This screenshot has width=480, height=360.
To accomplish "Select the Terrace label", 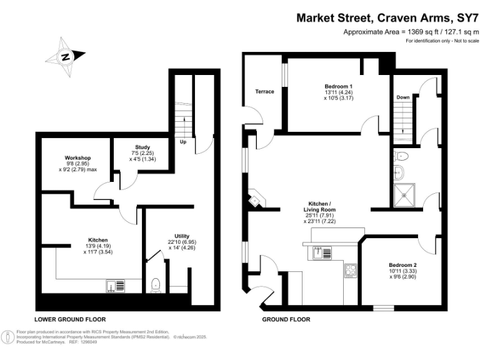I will pyautogui.click(x=264, y=92).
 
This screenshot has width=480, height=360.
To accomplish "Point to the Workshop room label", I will pyautogui.click(x=78, y=157).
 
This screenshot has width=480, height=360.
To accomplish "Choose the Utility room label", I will pyautogui.click(x=178, y=236).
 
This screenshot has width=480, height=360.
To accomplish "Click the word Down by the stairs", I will pyautogui.click(x=403, y=97).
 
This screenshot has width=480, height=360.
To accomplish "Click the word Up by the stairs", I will pyautogui.click(x=183, y=142).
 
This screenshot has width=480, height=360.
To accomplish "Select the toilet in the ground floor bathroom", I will pyautogui.click(x=401, y=156).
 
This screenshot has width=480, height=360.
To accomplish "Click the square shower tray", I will pyautogui.click(x=404, y=195).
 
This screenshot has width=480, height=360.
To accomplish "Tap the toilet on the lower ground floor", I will pyautogui.click(x=156, y=285).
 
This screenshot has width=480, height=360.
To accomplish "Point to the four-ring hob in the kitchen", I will pyautogui.click(x=350, y=271).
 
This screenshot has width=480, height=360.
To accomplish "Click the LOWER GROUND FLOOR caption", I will pyautogui.click(x=69, y=319).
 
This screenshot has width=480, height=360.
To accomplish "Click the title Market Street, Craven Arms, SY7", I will pyautogui.click(x=387, y=18).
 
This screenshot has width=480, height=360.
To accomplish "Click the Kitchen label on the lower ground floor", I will pyautogui.click(x=97, y=240).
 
